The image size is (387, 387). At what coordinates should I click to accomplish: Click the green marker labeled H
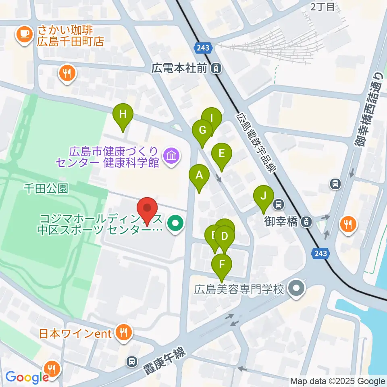click(x=123, y=114)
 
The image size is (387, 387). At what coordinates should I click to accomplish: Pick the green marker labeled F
click(x=222, y=265)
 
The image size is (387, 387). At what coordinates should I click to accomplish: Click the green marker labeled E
click(x=222, y=154)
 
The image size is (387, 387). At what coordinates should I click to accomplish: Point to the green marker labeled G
click(x=202, y=130)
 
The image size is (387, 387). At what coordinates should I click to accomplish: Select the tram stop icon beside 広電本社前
click(x=217, y=69)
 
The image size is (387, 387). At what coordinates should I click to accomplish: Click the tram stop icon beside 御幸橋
click(x=307, y=221)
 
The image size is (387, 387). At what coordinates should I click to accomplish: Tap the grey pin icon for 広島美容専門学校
click(x=298, y=289)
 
